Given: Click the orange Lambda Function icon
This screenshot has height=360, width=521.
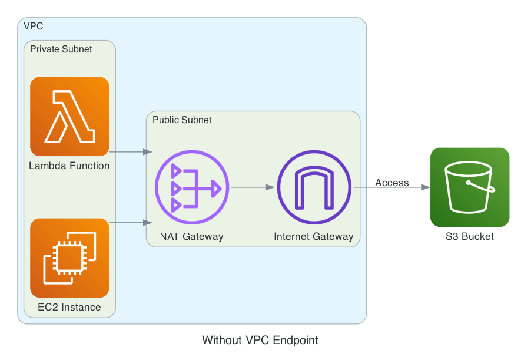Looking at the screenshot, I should coord(69,116).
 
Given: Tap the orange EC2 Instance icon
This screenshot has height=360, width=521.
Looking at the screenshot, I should coord(69,257).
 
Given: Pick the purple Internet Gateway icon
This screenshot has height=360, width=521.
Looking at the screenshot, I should coord(314,187).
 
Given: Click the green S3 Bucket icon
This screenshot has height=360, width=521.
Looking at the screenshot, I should coord(469,187).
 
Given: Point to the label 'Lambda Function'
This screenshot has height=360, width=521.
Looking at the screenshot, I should coord(69,166).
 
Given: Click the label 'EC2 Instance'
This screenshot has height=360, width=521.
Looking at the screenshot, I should coord(69,307).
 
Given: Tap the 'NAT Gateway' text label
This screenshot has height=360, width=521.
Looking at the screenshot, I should coord(191,237).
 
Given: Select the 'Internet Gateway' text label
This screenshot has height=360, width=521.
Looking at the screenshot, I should coord(314,237).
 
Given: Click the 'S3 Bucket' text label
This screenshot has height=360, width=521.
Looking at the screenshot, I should coord(469,237).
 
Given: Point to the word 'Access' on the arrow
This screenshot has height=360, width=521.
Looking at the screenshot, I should coord(391,183).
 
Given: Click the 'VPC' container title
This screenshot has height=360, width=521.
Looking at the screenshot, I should coord(33,26).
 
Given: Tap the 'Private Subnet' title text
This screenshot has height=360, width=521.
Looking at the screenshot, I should coord(61,49).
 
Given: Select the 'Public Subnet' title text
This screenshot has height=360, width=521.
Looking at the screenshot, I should coord(182,120).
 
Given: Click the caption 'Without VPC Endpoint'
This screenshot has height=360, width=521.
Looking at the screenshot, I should coord(260,340).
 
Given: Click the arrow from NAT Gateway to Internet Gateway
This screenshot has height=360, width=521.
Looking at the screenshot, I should coord(253,187).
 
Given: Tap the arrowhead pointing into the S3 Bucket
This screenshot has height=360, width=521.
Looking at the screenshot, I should coord(425,187).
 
